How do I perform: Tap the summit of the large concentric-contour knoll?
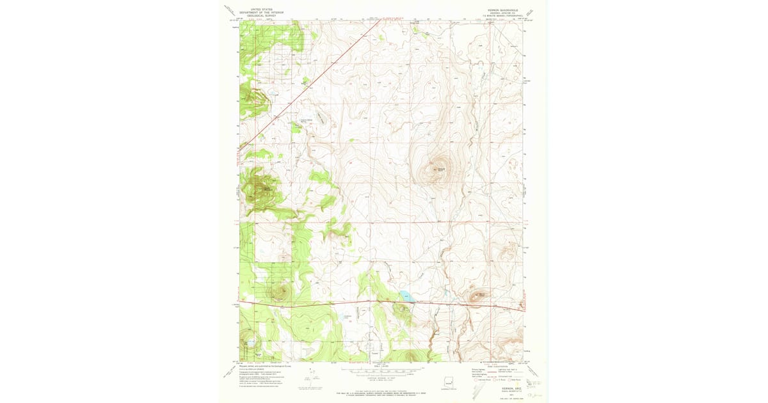(x=438, y=168)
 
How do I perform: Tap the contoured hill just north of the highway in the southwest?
(x=280, y=293)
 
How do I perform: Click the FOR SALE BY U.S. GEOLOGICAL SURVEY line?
(x=384, y=393)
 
